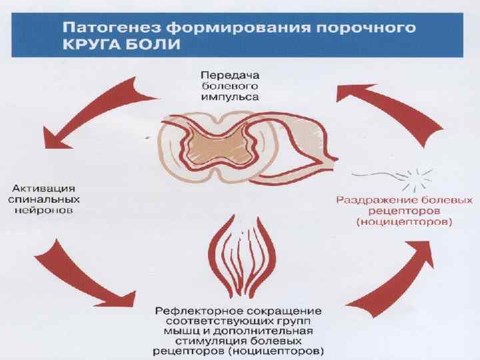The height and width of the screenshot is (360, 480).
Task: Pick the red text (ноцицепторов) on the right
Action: (405, 221)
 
